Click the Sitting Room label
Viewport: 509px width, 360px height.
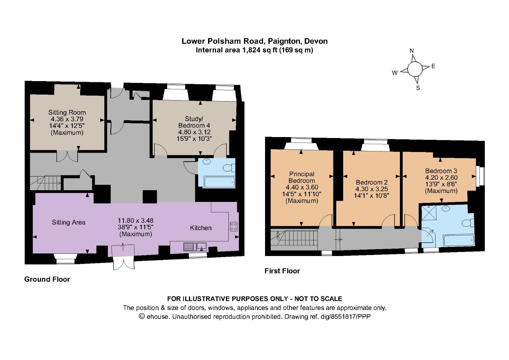click(67, 113)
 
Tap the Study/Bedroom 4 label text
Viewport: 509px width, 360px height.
click(194, 122)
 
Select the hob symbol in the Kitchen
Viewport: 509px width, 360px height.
click(234, 226)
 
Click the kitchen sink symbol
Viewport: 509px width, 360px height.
click(195, 246)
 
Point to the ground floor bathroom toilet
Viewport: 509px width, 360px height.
click(229, 168)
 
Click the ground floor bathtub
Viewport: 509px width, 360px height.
click(220, 182)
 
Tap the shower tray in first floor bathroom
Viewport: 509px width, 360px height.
click(429, 213)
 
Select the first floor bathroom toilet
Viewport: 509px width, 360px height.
click(469, 223)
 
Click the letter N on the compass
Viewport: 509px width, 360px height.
click(412, 51)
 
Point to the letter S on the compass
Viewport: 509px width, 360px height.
click(418, 88)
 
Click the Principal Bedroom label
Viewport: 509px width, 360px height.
click(302, 177)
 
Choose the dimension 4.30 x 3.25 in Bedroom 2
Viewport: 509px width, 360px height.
click(372, 189)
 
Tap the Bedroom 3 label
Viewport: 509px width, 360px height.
click(441, 171)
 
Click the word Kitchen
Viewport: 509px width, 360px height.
click(200, 228)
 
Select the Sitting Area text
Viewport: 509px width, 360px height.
click(68, 223)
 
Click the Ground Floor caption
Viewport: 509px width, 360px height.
click(47, 279)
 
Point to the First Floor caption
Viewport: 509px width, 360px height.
click(282, 271)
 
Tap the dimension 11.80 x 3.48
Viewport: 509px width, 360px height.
click(136, 220)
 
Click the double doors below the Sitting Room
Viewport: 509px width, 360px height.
click(67, 156)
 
